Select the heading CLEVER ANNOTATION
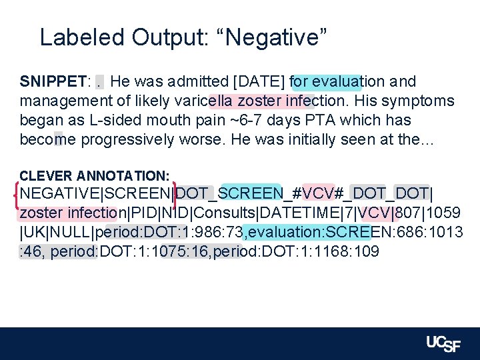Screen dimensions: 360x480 [95, 176]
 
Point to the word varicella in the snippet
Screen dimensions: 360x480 [203, 101]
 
